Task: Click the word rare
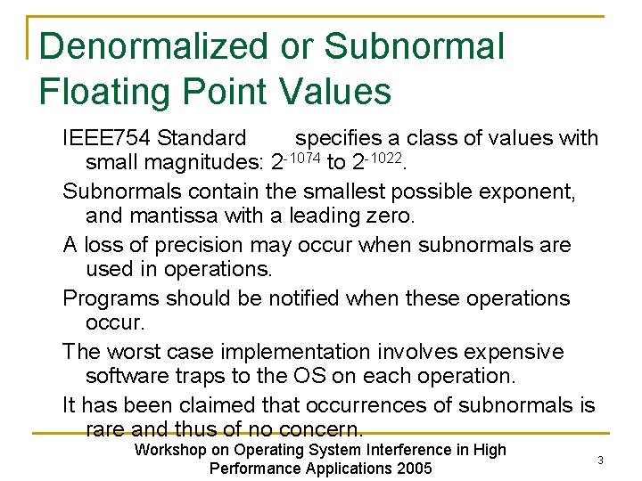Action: (x=107, y=430)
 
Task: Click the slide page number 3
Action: (x=600, y=461)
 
